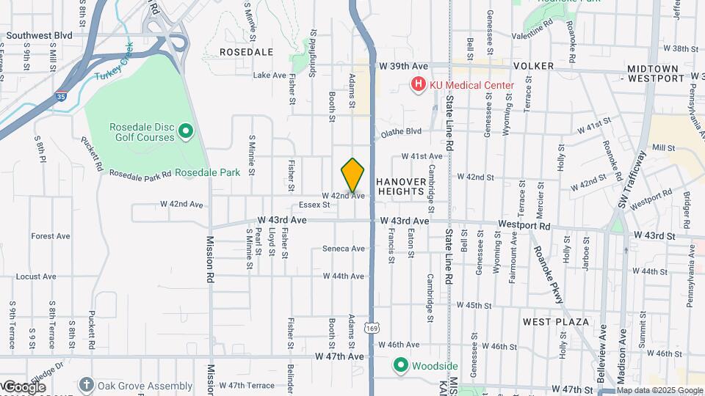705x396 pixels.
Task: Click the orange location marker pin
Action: [353, 175]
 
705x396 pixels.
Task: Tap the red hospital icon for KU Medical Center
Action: [419, 85]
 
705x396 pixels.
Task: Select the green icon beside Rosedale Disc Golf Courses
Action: [186, 132]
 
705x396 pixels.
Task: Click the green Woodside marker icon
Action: [401, 365]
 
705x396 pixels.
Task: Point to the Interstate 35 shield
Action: [61, 95]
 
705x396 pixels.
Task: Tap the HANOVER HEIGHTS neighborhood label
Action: [401, 186]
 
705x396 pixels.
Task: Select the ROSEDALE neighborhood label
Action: [246, 52]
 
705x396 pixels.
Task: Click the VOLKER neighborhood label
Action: [533, 66]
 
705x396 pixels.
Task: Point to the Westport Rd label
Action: [524, 223]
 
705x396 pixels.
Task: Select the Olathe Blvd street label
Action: [401, 132]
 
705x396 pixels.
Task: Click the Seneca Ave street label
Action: [344, 249]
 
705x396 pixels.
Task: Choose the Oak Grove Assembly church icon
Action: [87, 384]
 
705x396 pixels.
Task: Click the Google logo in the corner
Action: [23, 387]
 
